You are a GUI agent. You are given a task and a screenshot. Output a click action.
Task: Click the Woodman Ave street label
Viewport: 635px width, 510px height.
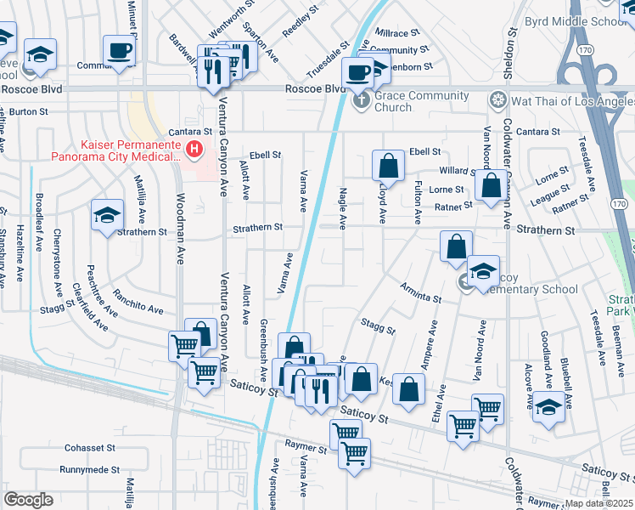tap(179, 229)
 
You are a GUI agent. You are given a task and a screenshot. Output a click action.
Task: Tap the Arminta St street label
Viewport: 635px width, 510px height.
tap(422, 294)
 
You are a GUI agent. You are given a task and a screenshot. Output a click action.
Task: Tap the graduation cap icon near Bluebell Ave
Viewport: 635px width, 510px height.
tap(548, 407)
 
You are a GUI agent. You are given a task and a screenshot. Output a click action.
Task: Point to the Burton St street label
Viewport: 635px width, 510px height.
tap(28, 111)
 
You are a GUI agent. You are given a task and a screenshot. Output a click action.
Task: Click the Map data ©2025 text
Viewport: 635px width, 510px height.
tap(598, 503)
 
